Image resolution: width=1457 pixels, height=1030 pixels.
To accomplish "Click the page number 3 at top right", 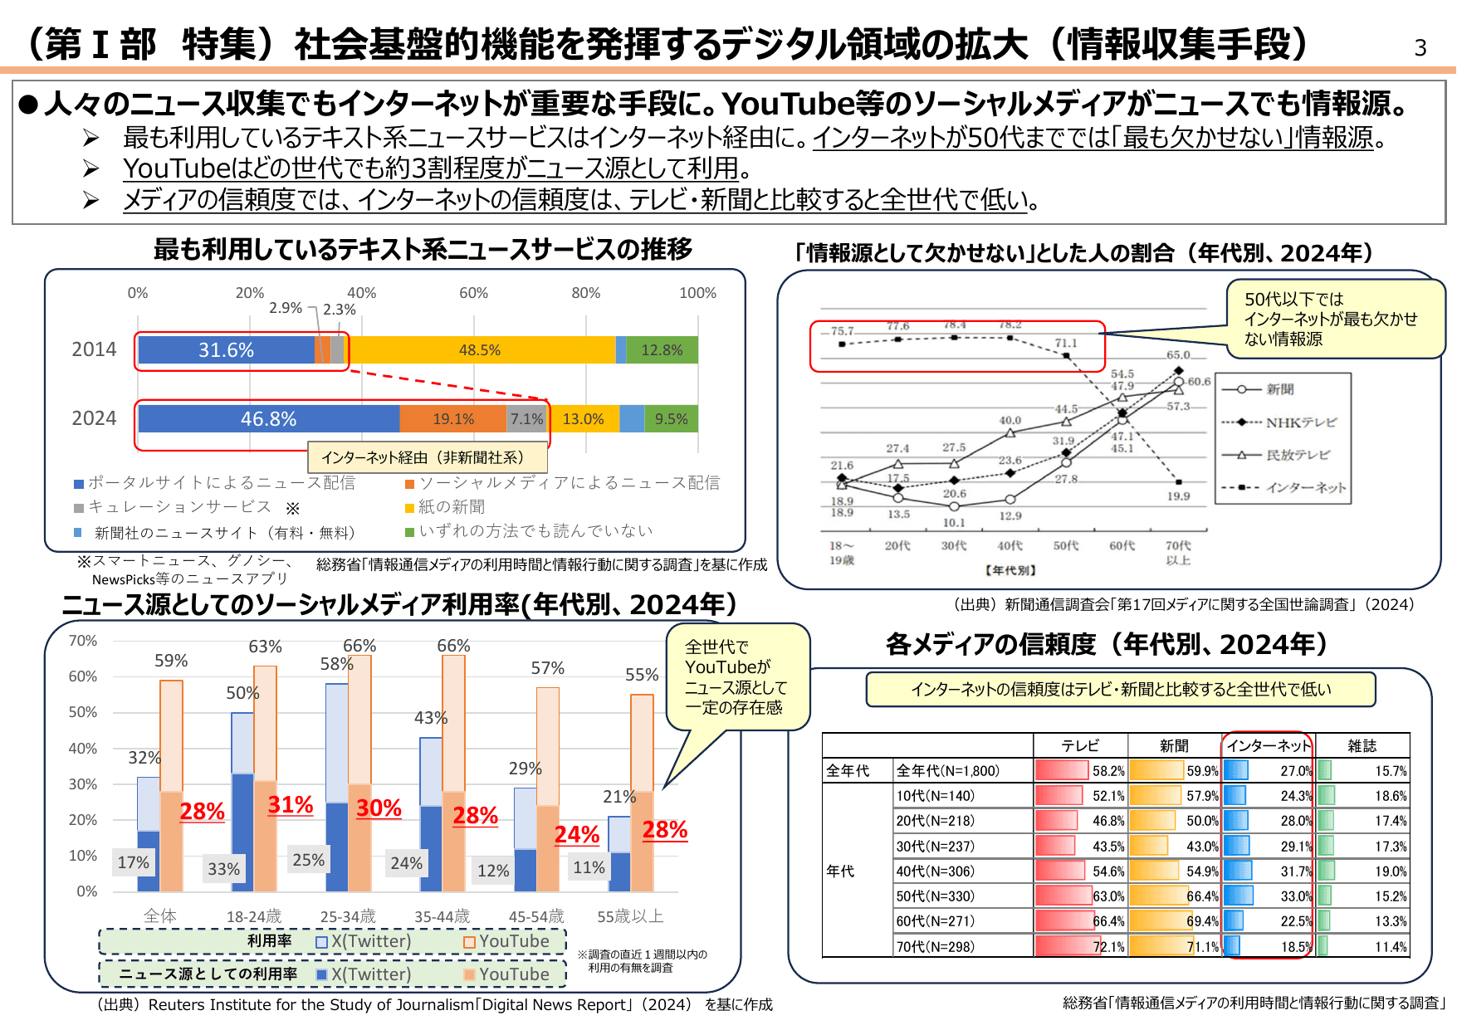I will [1420, 48].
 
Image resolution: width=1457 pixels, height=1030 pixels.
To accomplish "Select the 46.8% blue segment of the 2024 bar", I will [268, 419].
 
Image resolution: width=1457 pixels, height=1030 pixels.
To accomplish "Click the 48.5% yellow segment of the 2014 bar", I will [480, 350].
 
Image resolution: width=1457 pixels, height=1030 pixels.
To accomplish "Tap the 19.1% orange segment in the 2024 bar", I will [453, 419].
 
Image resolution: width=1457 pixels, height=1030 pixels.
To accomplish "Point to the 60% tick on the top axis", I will [473, 293].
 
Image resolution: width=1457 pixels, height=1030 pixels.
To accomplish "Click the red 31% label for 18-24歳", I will [291, 805].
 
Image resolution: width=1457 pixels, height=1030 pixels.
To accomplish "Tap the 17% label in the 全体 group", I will [133, 862].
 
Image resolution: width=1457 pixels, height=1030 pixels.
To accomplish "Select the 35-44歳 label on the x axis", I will [442, 916].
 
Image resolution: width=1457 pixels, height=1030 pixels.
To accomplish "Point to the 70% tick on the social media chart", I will [83, 641].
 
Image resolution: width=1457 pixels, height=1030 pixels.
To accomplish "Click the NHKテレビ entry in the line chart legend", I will [1300, 422].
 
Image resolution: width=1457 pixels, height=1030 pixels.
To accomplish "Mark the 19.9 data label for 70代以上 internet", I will [1178, 496].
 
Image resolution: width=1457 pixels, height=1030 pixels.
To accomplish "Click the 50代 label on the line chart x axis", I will [1066, 545].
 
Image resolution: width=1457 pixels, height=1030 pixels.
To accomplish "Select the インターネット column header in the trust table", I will [1268, 745].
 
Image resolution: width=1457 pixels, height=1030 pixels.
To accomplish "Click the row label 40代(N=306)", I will [935, 871].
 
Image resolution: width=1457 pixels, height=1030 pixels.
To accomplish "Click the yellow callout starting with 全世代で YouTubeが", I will [736, 676].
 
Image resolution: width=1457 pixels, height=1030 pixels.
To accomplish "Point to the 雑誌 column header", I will [1362, 745].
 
